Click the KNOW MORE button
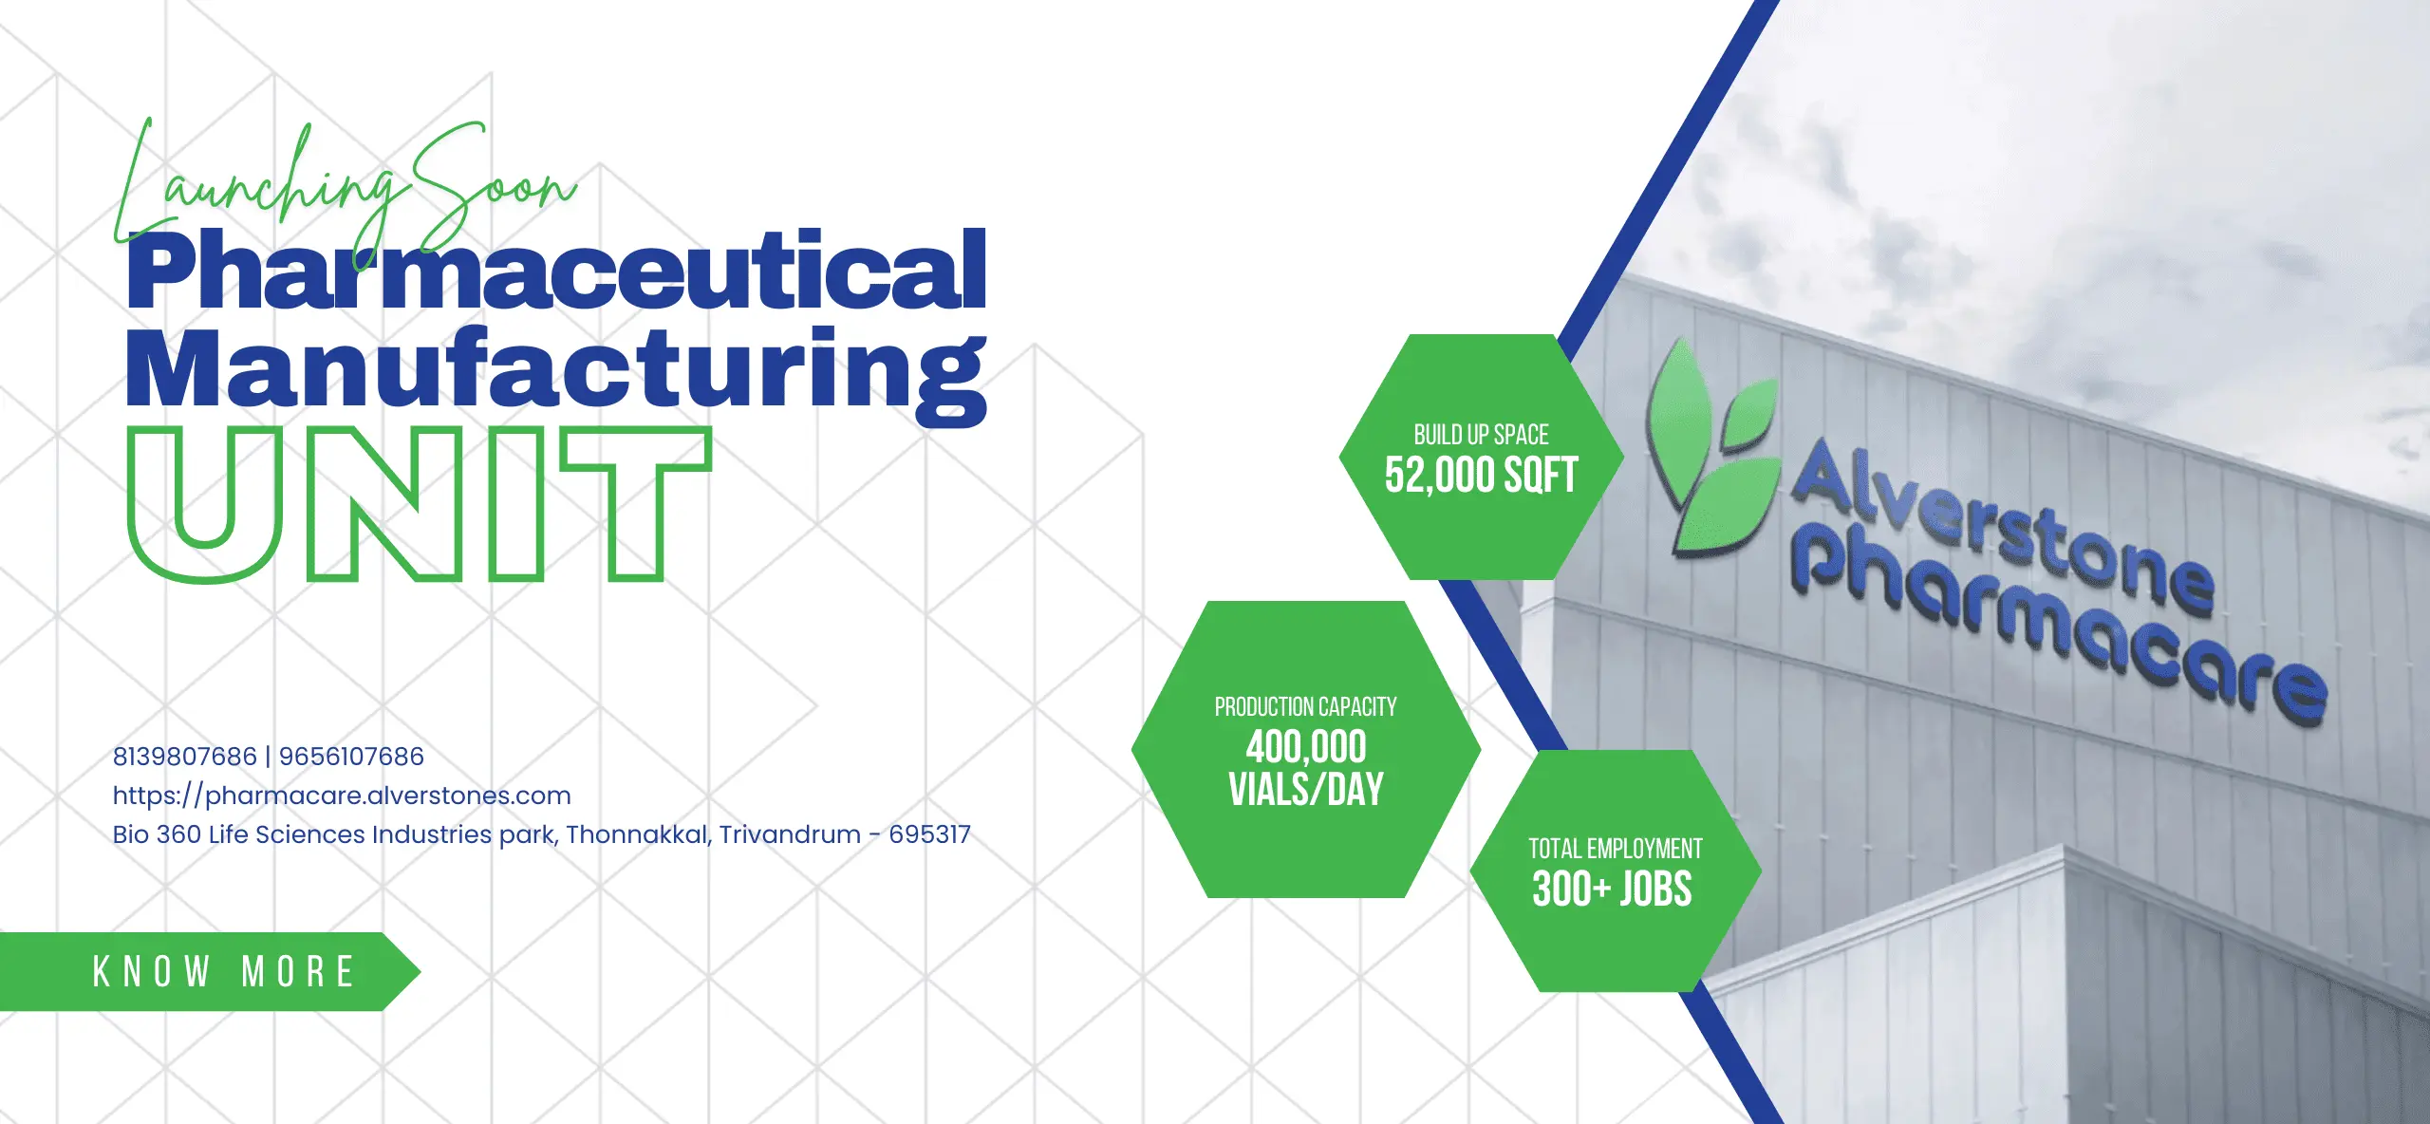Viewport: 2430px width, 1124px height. click(209, 971)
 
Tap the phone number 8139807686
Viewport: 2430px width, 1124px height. click(185, 757)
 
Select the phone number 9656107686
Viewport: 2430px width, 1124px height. click(351, 757)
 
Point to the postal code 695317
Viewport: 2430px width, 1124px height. click(929, 834)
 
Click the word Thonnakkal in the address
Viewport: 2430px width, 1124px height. click(639, 834)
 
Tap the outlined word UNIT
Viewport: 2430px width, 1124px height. click(420, 504)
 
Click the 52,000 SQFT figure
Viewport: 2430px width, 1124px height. click(1481, 475)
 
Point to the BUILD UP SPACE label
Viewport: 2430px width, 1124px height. click(1481, 435)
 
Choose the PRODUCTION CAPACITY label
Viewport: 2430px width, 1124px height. click(1305, 707)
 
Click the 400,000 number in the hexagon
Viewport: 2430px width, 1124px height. click(1306, 747)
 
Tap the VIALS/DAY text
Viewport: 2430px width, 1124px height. click(1306, 789)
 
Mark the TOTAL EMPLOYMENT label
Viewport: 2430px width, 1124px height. click(1615, 849)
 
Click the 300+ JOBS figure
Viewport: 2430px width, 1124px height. click(1612, 890)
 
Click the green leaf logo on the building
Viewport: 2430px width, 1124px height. click(1713, 448)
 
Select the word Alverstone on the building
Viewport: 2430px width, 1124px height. click(2003, 527)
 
